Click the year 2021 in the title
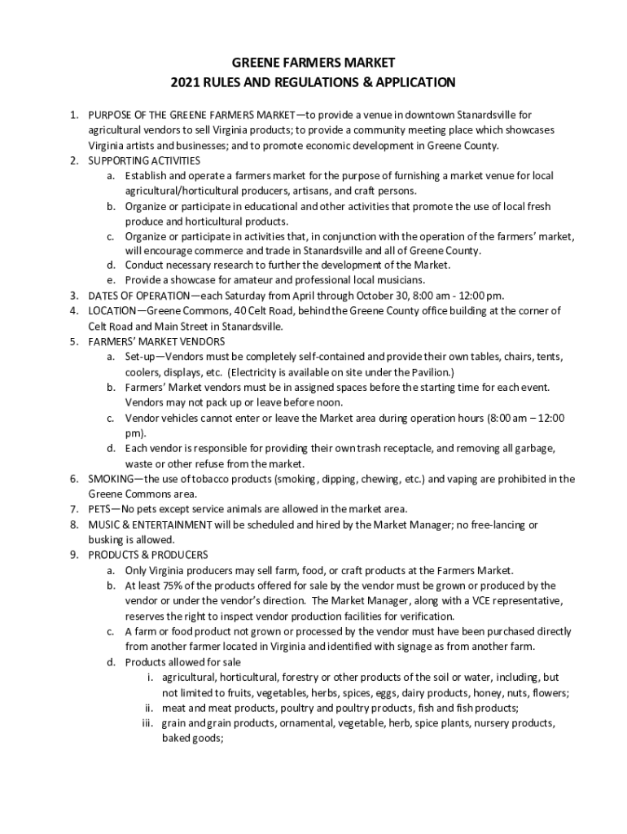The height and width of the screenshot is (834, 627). [184, 82]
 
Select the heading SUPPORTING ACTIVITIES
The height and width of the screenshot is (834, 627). [144, 160]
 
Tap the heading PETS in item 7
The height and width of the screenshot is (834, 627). [101, 509]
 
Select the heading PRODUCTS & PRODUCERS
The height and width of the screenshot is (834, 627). [148, 555]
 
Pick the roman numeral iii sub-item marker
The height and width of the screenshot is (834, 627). [147, 723]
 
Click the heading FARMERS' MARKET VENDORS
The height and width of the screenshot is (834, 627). [156, 341]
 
